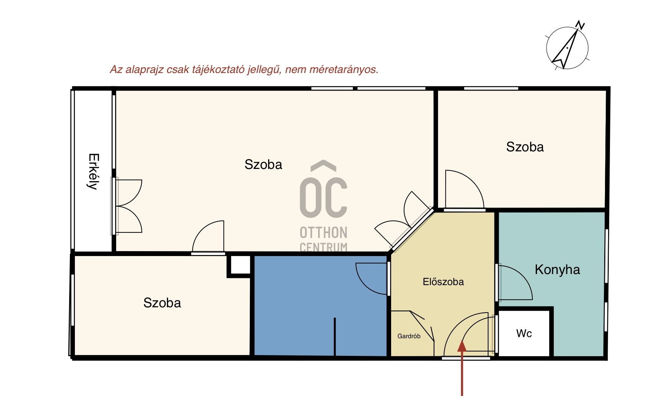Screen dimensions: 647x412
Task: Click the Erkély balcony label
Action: (94, 172)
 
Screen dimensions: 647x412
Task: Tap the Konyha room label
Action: (557, 270)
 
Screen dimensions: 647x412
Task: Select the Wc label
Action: (524, 333)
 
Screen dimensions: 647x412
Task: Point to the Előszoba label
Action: (443, 282)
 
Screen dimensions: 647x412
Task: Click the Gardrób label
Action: (409, 336)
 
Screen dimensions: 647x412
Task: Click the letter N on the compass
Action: (580, 26)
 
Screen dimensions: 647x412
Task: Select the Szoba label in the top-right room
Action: (525, 147)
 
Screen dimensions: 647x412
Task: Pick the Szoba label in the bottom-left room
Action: (162, 303)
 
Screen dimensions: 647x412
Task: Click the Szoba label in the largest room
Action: (263, 164)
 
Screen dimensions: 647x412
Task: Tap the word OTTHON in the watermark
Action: (323, 232)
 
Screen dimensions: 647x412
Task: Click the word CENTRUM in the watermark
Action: (323, 247)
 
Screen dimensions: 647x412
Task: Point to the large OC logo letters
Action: (323, 198)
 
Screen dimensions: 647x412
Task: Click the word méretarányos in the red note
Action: (344, 70)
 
